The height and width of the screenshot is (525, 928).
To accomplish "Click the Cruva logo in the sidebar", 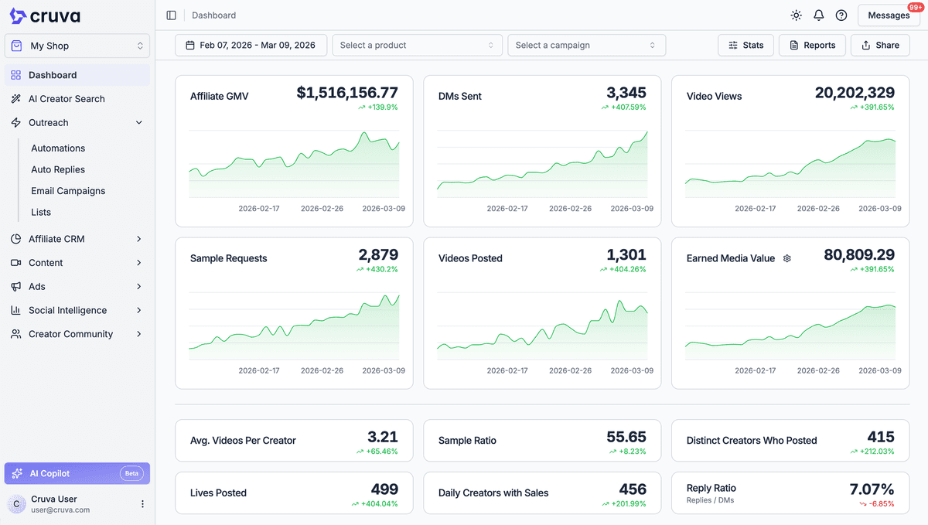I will (x=45, y=16).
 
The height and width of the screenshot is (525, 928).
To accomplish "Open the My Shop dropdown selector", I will (x=77, y=46).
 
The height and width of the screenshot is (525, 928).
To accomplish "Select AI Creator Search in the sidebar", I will (x=67, y=99).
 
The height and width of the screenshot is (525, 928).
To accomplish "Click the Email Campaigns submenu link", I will (x=68, y=191).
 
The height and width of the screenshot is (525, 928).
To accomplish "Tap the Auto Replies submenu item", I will (x=58, y=169).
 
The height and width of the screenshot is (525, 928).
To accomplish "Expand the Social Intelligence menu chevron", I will (x=139, y=310).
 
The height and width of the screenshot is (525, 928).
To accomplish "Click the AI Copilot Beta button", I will (x=77, y=473).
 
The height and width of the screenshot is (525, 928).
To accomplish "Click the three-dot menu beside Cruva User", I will (x=142, y=504).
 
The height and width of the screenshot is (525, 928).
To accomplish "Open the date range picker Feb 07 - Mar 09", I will (x=251, y=45).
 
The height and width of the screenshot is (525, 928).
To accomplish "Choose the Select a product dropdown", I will (x=417, y=45).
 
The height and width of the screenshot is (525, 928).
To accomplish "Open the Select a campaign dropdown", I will (x=586, y=45).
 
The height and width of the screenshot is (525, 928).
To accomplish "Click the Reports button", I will (x=812, y=45).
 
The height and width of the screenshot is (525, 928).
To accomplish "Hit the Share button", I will (x=880, y=45).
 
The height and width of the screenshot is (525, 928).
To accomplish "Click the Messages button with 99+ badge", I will (x=889, y=15).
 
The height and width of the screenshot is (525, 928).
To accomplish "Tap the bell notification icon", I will (x=819, y=15).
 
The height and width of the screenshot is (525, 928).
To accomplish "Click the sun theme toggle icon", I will (x=797, y=15).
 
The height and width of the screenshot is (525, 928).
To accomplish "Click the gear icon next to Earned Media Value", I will (x=787, y=258).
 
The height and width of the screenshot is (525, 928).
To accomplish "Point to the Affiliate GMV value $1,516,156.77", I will (x=347, y=93).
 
